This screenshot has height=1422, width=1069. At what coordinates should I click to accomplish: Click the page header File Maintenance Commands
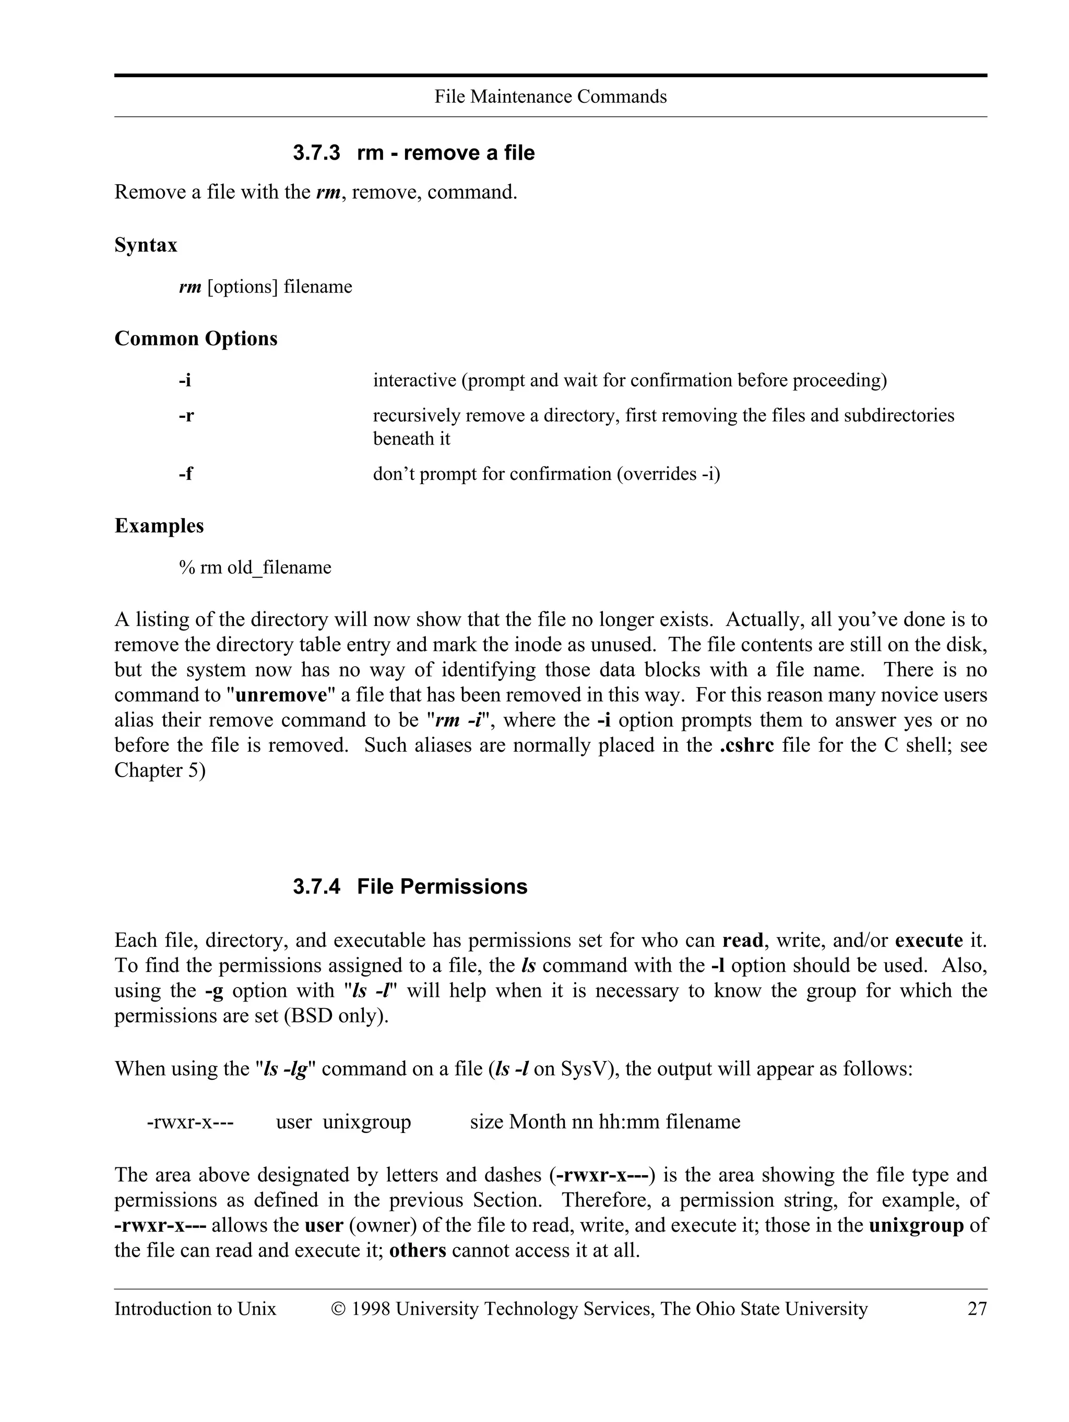tap(550, 97)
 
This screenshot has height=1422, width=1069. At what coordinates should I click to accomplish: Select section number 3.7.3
tap(316, 153)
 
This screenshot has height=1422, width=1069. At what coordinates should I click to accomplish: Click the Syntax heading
tap(145, 245)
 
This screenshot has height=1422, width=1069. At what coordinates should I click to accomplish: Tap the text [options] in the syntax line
tap(243, 287)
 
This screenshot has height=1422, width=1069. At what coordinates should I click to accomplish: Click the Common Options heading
tap(196, 339)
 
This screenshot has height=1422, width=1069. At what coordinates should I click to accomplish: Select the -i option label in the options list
tap(185, 381)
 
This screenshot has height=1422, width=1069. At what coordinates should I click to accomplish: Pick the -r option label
tap(186, 416)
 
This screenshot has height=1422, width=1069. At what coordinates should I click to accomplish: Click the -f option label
tap(185, 474)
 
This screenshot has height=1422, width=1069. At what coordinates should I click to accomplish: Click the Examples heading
tap(159, 526)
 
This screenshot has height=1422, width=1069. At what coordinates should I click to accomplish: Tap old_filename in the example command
tap(279, 568)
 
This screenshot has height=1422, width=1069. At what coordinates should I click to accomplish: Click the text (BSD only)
tap(336, 1016)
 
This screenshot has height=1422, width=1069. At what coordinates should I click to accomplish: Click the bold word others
tap(418, 1250)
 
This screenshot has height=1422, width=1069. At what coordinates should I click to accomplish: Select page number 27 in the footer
tap(977, 1309)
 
